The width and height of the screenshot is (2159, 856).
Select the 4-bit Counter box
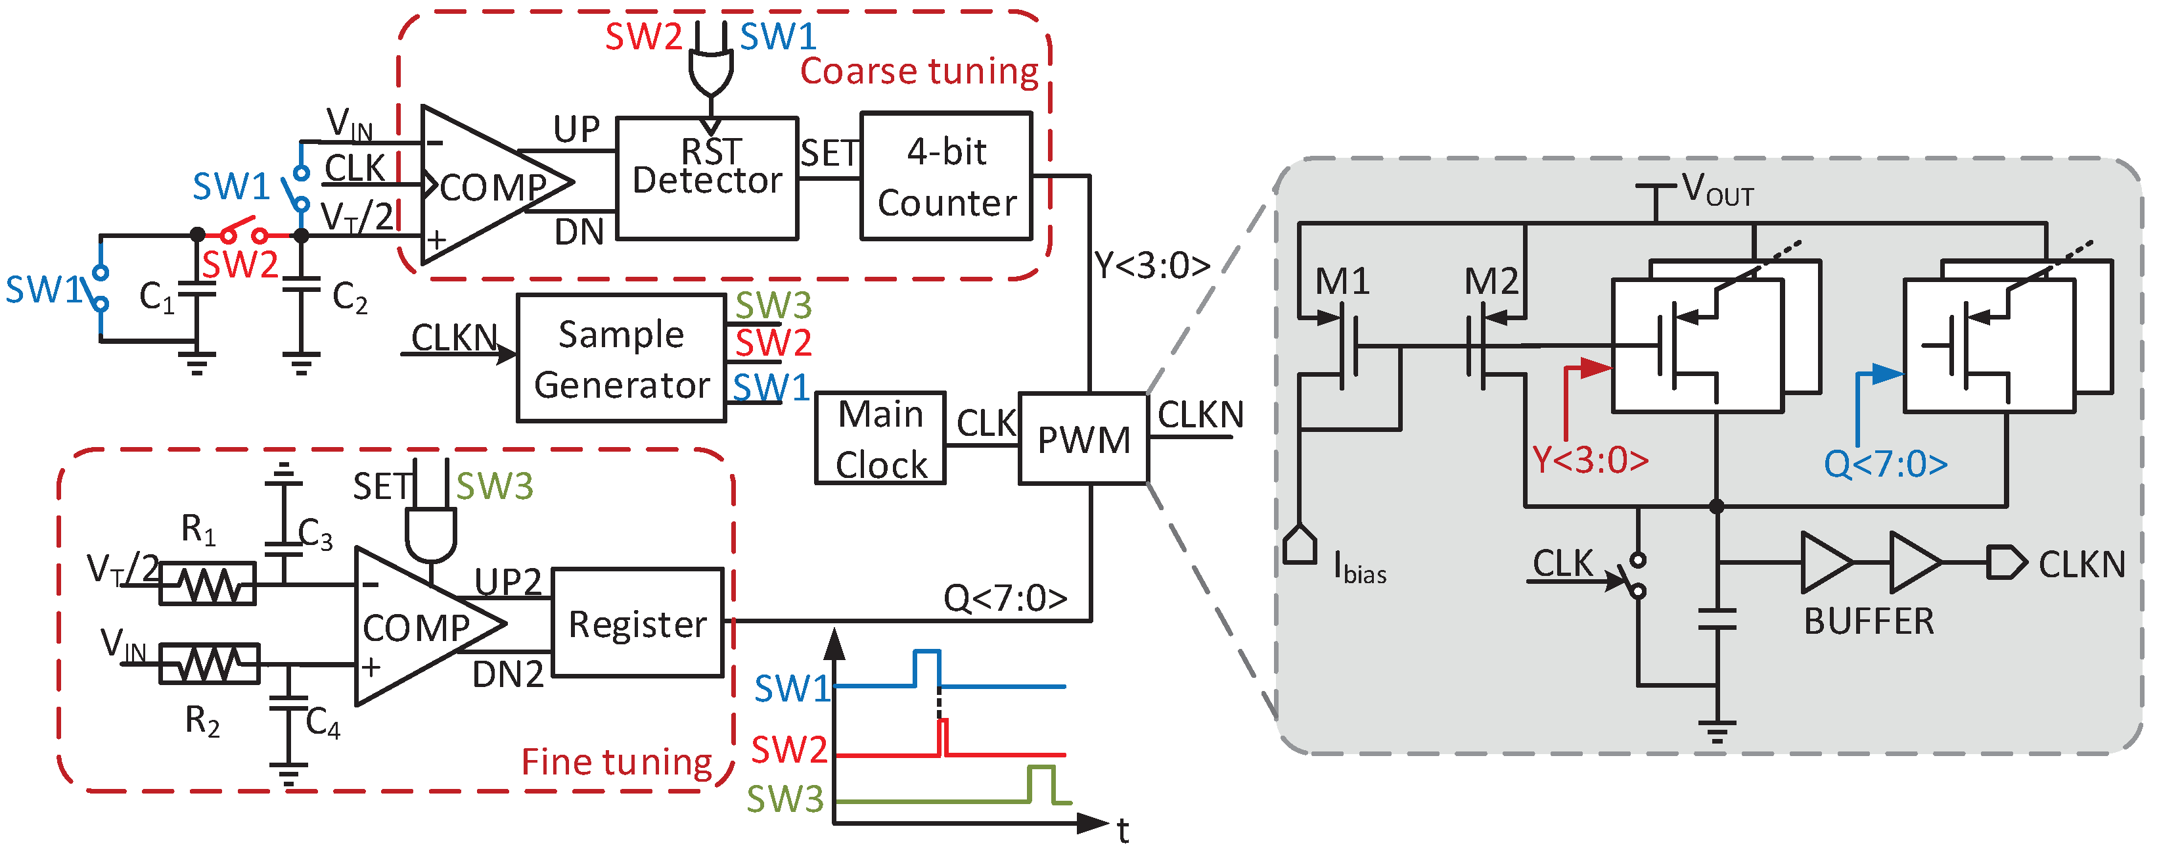945,177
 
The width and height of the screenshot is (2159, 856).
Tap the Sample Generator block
621,359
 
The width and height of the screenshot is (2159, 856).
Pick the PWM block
1083,439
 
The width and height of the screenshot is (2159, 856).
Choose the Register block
637,623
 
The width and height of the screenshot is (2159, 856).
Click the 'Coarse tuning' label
919,71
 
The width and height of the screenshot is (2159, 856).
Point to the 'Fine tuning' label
616,761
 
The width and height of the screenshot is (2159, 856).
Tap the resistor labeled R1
208,584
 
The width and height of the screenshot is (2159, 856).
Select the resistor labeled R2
210,664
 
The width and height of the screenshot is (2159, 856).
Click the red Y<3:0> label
1590,460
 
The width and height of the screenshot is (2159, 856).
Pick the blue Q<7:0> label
1885,464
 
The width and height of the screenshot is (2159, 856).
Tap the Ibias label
1359,569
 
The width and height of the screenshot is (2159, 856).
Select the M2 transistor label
1491,281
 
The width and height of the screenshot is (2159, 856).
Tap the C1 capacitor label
157,297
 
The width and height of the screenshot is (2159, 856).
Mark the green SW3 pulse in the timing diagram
1041,783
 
